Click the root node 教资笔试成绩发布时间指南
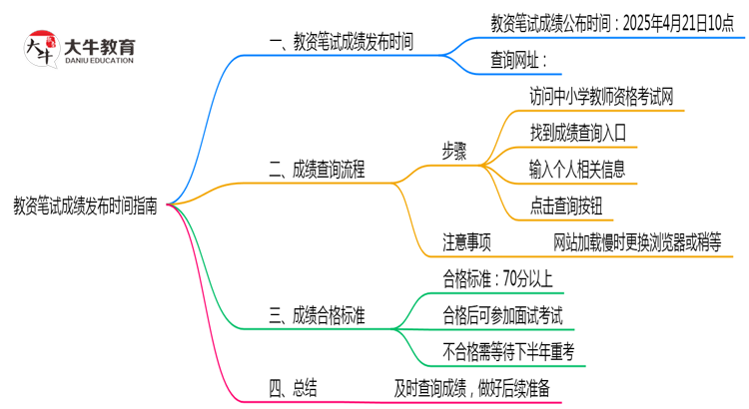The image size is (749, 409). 84,204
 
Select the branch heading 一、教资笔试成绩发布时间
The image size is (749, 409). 342,43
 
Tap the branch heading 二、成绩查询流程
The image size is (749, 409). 317,171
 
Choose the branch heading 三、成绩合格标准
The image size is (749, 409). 317,316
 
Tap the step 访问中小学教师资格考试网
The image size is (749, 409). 601,97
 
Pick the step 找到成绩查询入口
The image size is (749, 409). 578,134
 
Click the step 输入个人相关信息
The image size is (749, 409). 578,171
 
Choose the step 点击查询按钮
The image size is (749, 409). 567,206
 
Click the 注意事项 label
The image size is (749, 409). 466,242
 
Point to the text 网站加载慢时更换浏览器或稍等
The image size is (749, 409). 637,242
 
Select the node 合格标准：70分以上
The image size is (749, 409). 496,279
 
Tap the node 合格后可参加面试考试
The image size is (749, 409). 502,316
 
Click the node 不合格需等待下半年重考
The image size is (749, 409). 507,352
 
